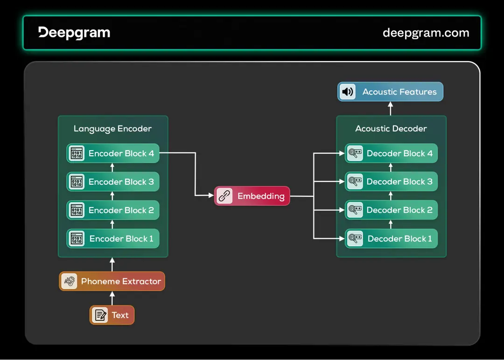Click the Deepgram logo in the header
point(74,33)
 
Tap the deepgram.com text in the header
point(426,33)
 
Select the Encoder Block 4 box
point(113,153)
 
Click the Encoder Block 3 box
point(113,182)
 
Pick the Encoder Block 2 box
point(113,210)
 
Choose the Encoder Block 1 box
point(113,239)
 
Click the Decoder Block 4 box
point(391,153)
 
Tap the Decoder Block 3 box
point(391,182)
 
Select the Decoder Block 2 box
point(391,210)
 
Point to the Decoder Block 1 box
point(391,239)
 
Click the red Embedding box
point(252,196)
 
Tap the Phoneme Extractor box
point(112,281)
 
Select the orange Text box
point(112,315)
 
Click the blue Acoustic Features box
point(390,92)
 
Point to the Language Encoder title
point(112,129)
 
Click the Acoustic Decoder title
point(391,129)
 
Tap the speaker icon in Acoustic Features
point(348,92)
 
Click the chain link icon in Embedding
point(225,196)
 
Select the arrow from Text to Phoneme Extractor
point(112,298)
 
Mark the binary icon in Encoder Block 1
point(77,239)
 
